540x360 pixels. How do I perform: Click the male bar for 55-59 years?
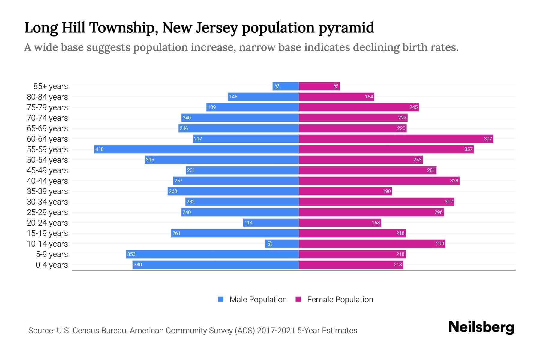196,149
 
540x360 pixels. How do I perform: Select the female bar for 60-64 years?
396,139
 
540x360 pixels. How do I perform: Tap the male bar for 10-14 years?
282,244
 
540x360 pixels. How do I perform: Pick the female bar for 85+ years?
319,86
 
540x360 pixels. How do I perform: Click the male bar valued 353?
212,254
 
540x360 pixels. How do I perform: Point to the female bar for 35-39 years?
345,191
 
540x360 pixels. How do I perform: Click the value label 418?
100,149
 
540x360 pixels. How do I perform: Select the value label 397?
488,139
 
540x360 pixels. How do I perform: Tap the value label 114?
248,223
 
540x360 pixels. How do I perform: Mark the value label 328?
454,181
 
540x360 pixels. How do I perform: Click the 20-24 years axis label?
47,223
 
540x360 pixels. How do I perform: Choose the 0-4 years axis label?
52,265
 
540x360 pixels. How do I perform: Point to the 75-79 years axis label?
47,107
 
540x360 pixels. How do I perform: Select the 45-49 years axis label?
47,170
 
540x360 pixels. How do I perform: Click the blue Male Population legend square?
221,299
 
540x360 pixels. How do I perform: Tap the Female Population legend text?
340,300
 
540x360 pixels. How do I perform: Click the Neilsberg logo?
481,327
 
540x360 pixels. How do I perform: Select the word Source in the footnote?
41,331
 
